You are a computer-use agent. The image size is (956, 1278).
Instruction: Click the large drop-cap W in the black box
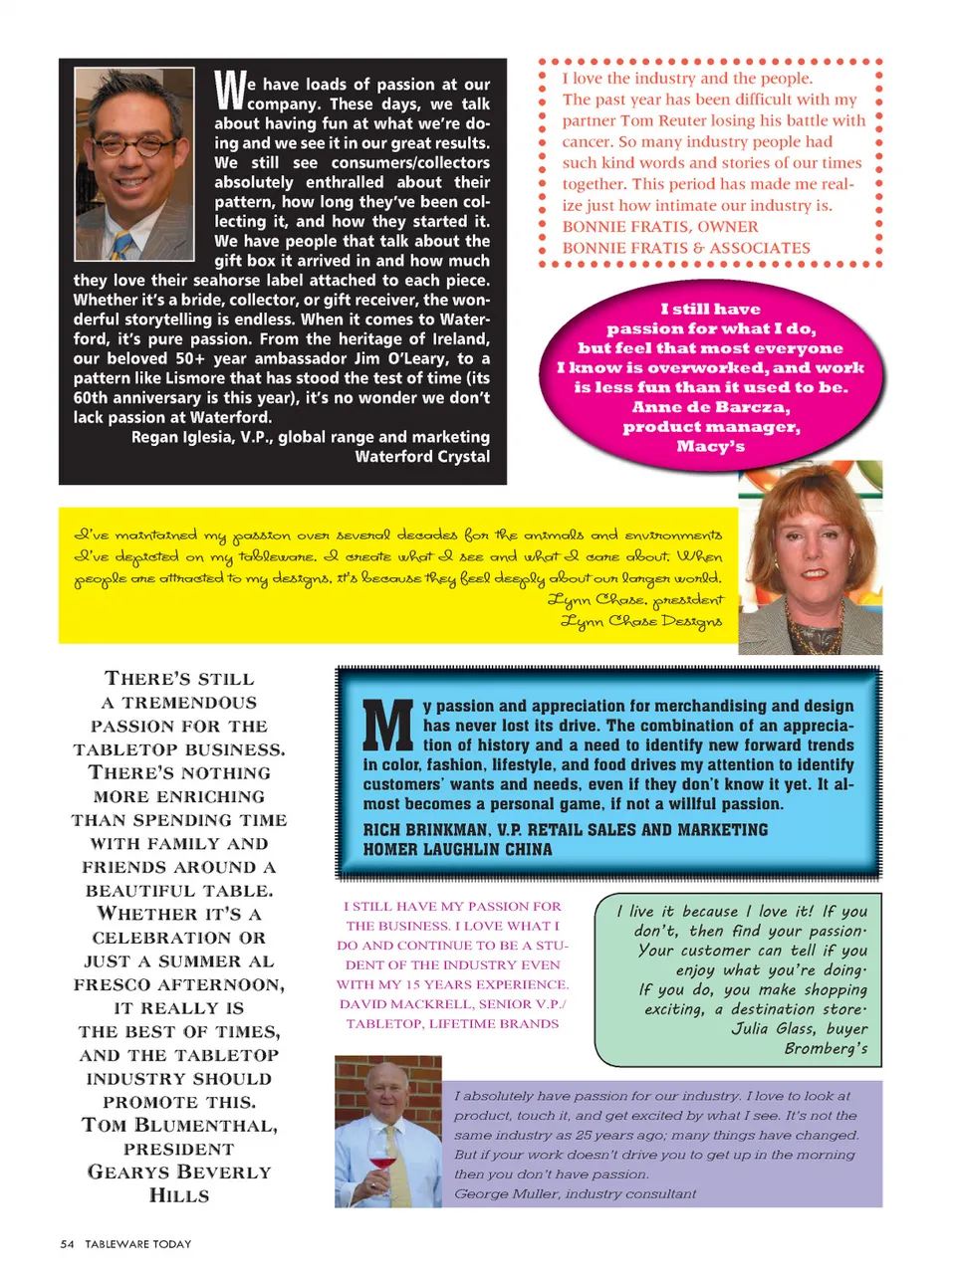click(230, 90)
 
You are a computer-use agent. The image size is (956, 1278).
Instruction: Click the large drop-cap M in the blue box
click(386, 727)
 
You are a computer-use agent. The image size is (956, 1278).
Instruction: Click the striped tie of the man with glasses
click(122, 243)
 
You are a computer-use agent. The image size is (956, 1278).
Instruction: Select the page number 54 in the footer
click(67, 1244)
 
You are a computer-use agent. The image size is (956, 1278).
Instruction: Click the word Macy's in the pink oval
click(710, 446)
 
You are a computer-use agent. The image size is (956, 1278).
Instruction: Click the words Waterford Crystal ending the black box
click(422, 457)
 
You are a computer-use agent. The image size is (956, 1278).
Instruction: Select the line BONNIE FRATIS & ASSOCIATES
click(686, 248)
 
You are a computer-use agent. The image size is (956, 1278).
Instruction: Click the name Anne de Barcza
click(710, 407)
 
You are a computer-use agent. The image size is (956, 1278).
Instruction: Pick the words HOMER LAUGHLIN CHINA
click(457, 849)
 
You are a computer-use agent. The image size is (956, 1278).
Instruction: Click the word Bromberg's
click(826, 1048)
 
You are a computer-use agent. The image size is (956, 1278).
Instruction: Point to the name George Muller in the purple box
click(505, 1193)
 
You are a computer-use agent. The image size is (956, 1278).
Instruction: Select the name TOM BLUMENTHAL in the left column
click(179, 1126)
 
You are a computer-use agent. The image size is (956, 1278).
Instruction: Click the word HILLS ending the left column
click(179, 1195)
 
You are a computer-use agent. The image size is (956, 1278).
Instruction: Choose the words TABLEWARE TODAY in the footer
click(137, 1244)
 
